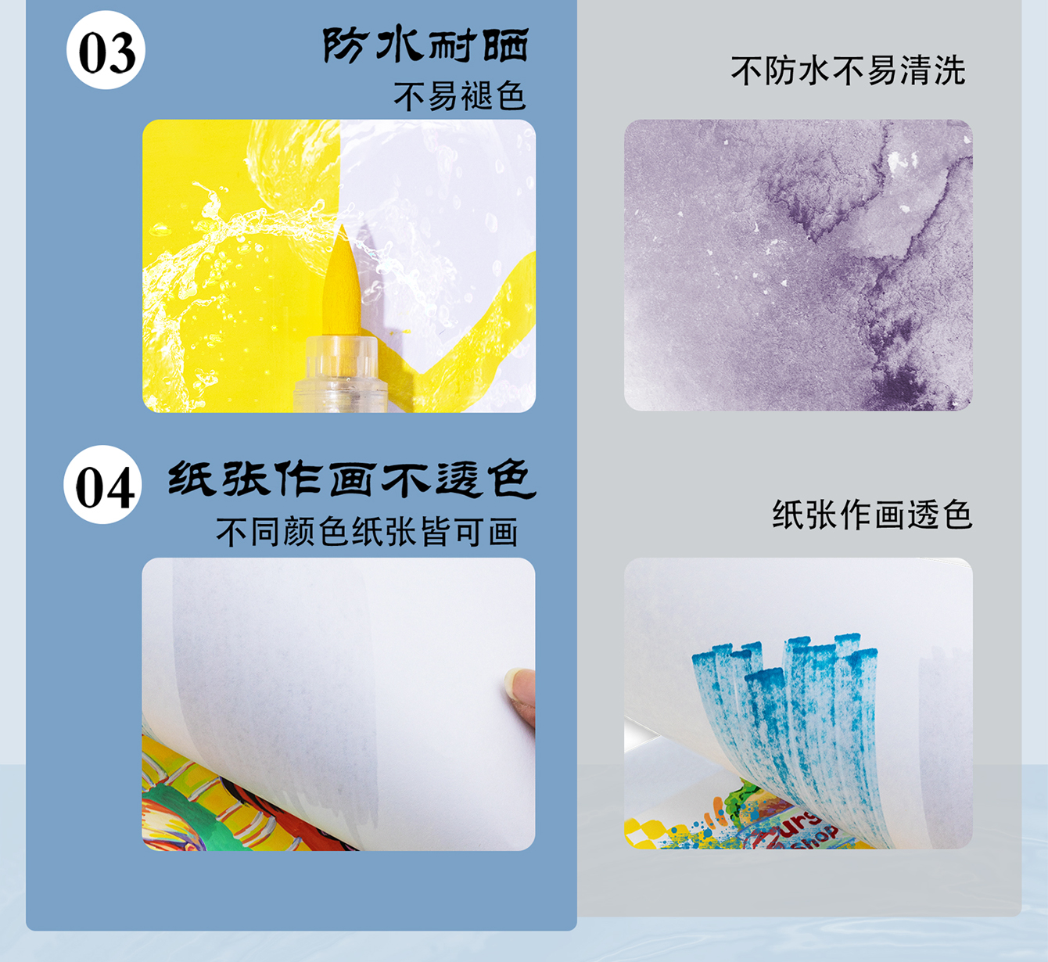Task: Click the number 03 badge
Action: pos(106,51)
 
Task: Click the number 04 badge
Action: pos(102,485)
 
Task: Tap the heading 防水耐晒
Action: pos(426,45)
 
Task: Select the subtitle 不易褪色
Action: pos(459,96)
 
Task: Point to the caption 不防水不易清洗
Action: pos(848,70)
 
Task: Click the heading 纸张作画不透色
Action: pos(352,479)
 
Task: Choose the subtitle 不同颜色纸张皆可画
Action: pos(367,532)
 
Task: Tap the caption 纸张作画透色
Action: pos(872,515)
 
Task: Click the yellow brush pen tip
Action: pos(342,282)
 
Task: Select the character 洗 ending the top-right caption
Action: pos(949,70)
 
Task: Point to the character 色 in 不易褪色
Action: pos(510,96)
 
